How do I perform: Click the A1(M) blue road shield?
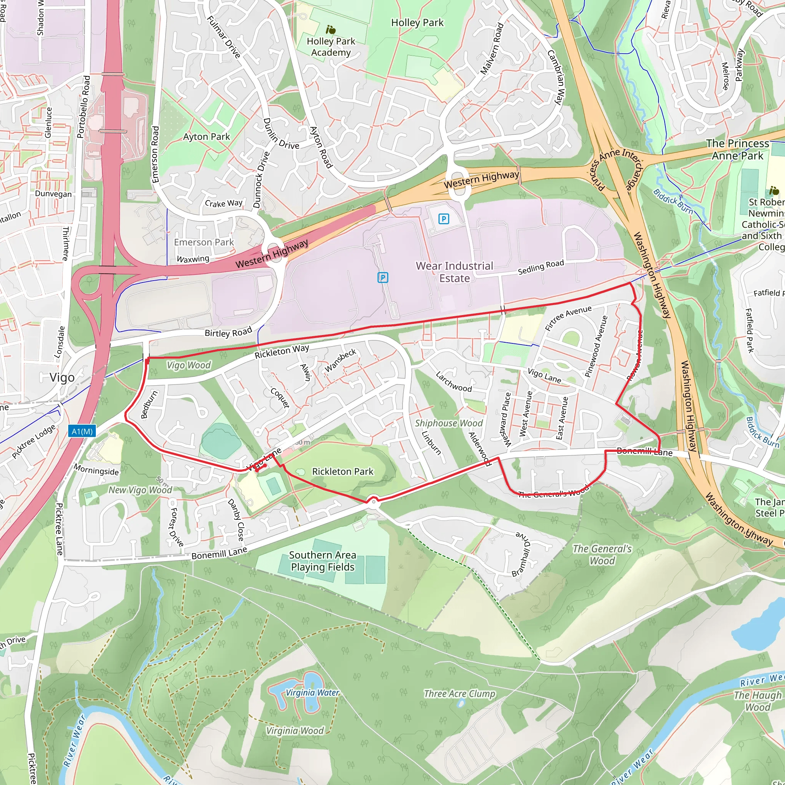coord(82,431)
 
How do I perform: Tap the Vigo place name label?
coord(62,378)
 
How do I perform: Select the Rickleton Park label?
coord(342,471)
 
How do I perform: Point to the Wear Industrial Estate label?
coord(454,272)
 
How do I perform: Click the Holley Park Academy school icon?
coord(331,30)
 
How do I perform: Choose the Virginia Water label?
coord(312,692)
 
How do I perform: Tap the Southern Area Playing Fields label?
coord(323,561)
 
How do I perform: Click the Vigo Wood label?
coord(189,365)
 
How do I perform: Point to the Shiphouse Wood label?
coord(448,423)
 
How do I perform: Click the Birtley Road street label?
coord(228,332)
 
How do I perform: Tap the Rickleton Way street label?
coord(282,351)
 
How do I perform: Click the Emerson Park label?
coord(204,242)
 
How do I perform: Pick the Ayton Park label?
coord(207,136)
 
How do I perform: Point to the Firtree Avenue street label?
coord(568,318)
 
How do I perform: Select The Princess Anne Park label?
coord(737,149)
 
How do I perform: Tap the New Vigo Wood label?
coord(140,489)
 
